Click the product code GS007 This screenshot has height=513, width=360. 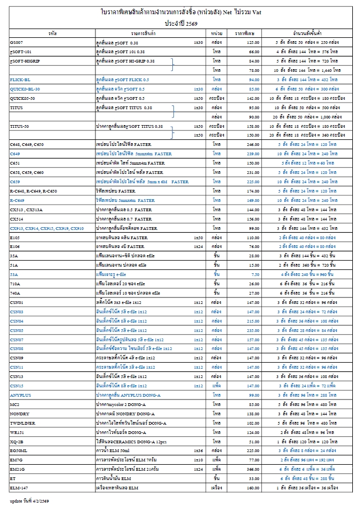16,42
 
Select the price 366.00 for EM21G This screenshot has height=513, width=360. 253,470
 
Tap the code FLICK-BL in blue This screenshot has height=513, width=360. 20,80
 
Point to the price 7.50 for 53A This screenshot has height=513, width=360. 254,274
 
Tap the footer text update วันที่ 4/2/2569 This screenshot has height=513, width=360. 32,501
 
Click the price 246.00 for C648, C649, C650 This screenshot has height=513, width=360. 253,144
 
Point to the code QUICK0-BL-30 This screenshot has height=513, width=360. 25,88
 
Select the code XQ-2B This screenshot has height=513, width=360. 16,441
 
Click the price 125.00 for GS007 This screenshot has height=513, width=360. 253,42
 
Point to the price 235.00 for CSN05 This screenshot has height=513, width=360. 253,330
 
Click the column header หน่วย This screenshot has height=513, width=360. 216,33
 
